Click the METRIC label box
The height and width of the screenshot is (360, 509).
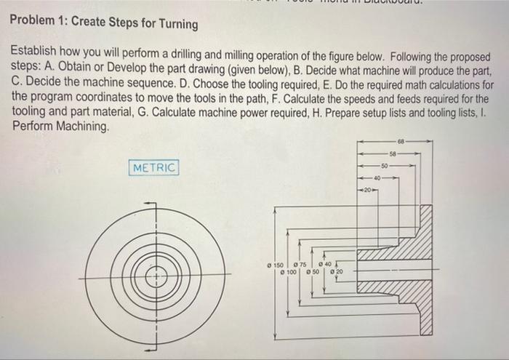coord(154,168)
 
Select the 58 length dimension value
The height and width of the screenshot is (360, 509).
coord(393,153)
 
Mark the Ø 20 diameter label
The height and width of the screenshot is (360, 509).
coord(337,272)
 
